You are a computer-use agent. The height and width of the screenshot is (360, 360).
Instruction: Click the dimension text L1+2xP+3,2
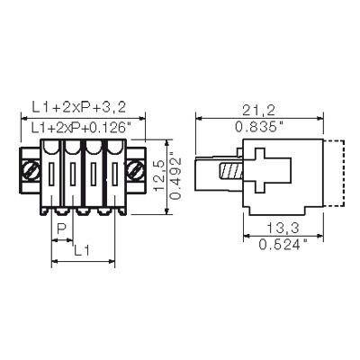(x=78, y=107)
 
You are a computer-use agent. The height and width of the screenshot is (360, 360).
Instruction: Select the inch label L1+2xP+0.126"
(x=82, y=128)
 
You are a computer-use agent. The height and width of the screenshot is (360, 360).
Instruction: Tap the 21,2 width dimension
(x=258, y=111)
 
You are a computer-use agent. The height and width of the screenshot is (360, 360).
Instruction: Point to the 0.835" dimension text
(x=259, y=127)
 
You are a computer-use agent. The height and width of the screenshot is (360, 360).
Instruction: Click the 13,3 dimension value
(x=283, y=229)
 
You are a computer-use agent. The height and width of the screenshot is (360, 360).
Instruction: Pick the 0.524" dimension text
(x=283, y=245)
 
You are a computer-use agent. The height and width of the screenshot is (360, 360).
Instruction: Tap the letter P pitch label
(x=61, y=229)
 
